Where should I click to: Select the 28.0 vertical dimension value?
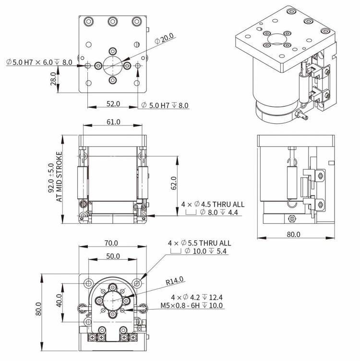click(53, 79)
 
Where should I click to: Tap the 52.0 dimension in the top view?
click(113, 104)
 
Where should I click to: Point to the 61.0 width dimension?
click(113, 122)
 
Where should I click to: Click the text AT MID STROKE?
click(59, 177)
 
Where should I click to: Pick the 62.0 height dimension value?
click(174, 183)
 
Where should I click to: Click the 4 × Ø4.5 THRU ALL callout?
click(213, 204)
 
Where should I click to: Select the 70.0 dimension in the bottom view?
click(111, 243)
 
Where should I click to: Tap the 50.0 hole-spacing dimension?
click(113, 256)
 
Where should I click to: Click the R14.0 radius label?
click(175, 281)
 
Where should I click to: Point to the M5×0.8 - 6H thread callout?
click(180, 305)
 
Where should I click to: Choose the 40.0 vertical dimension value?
click(59, 301)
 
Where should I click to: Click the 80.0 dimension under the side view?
click(293, 234)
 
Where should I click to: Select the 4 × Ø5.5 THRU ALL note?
click(199, 243)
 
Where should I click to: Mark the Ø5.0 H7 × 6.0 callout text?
click(30, 62)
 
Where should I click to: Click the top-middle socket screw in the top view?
click(113, 22)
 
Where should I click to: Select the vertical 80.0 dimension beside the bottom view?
click(38, 309)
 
